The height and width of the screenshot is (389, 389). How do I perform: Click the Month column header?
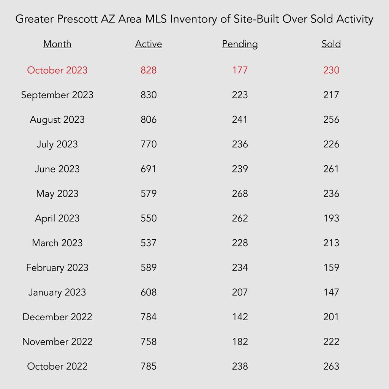tap(57, 44)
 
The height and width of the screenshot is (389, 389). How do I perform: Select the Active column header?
tap(149, 44)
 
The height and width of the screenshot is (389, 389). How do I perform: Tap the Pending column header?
tap(240, 44)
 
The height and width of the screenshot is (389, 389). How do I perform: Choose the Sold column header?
tap(331, 44)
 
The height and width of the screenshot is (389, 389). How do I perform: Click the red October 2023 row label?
tap(57, 70)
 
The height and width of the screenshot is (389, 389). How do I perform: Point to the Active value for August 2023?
tap(149, 120)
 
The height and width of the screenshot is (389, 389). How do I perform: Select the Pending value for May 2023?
tap(240, 193)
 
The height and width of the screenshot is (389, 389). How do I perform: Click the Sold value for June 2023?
tap(331, 169)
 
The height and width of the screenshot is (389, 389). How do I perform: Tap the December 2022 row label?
tap(57, 317)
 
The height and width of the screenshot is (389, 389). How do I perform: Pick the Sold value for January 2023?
tap(331, 292)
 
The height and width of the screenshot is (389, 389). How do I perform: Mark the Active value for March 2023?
tap(149, 243)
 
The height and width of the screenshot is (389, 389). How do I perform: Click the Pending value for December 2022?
tap(240, 317)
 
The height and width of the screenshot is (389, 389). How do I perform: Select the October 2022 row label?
tap(57, 366)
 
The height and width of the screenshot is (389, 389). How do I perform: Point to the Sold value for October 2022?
tap(331, 366)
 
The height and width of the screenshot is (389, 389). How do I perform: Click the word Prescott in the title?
tap(77, 19)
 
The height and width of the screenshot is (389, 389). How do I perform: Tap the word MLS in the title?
tap(156, 19)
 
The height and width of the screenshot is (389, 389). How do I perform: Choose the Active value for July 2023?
tap(149, 144)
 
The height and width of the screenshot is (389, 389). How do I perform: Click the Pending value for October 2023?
tap(240, 70)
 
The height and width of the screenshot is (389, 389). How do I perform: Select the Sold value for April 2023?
tap(331, 218)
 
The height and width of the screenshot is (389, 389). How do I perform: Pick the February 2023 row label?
tap(57, 268)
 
